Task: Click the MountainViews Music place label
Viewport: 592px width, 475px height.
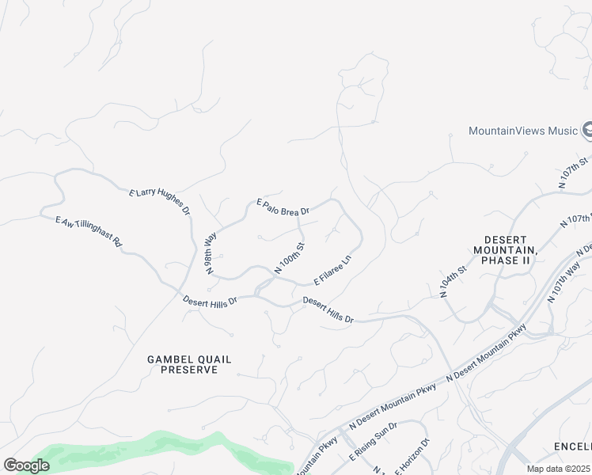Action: click(x=523, y=131)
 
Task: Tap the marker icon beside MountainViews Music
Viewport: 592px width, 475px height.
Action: click(x=587, y=130)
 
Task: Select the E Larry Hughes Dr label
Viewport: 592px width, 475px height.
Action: click(x=161, y=202)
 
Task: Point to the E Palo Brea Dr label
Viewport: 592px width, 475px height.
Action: click(x=283, y=207)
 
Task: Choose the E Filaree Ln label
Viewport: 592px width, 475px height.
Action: click(x=332, y=270)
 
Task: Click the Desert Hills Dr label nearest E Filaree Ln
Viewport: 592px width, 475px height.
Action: click(x=328, y=310)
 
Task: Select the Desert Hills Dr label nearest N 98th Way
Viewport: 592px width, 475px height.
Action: click(x=210, y=301)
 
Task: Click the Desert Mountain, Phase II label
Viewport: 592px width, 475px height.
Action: click(x=510, y=245)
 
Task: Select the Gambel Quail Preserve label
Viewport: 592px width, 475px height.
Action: click(x=188, y=364)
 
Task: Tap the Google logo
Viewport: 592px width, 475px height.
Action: click(x=26, y=465)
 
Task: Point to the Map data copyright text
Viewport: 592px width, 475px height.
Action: click(x=559, y=469)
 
